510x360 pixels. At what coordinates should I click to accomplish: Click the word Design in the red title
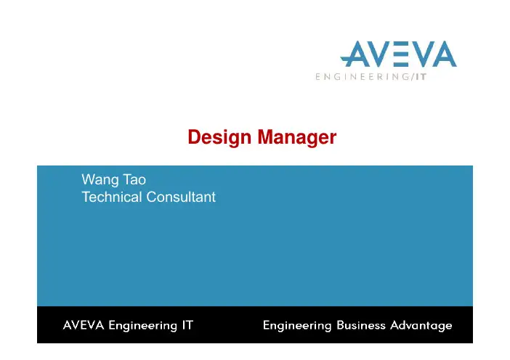pos(219,137)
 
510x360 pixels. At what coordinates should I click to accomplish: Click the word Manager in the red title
pos(297,137)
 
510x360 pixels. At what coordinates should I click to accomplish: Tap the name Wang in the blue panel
pos(100,180)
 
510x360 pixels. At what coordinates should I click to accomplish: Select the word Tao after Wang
pos(134,180)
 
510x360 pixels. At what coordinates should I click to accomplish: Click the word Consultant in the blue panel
pos(181,197)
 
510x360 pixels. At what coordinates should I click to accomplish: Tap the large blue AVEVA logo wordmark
pos(398,54)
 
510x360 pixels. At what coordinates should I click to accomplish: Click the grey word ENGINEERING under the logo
pos(363,77)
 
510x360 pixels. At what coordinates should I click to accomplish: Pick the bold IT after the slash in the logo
pos(421,77)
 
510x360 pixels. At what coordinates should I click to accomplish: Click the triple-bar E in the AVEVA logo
pos(399,54)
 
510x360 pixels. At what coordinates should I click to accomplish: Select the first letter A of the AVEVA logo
pos(354,54)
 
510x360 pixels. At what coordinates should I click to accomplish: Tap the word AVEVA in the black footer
pos(84,325)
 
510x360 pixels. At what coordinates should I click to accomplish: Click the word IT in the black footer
pos(187,325)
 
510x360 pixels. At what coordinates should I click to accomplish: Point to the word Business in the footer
pos(361,325)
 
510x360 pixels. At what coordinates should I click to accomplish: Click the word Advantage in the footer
pos(421,326)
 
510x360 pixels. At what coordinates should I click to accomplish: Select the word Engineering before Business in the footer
pos(297,326)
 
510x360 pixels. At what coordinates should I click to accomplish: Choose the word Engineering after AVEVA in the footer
pos(143,326)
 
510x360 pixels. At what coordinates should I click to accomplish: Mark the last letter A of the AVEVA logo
pos(443,54)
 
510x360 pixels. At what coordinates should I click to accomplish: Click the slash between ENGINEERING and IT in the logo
pos(413,77)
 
